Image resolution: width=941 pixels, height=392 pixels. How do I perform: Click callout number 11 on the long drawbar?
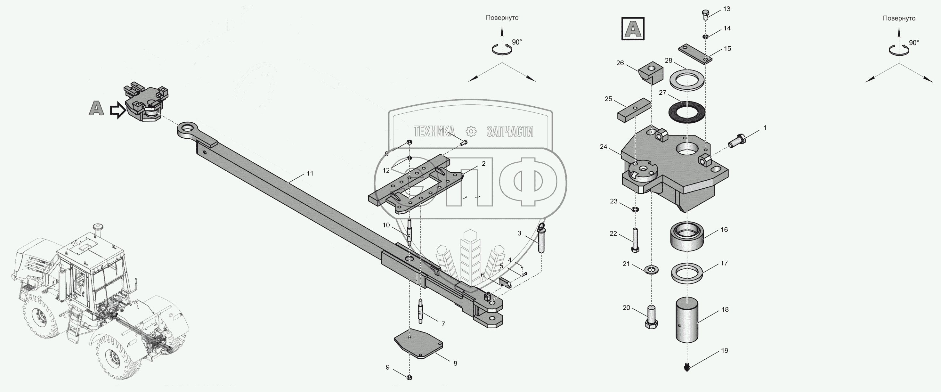click(x=310, y=174)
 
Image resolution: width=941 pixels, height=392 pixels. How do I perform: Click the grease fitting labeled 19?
click(x=687, y=367)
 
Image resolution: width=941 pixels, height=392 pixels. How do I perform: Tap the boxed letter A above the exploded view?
click(x=633, y=29)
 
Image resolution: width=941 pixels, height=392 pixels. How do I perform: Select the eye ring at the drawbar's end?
click(x=190, y=129)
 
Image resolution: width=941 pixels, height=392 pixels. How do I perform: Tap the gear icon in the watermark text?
click(x=471, y=132)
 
